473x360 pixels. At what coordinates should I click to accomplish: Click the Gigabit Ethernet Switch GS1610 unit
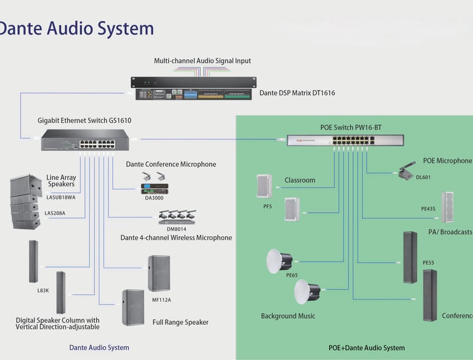(86, 141)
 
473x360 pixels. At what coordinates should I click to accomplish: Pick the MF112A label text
(161, 300)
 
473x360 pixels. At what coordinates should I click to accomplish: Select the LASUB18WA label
(61, 197)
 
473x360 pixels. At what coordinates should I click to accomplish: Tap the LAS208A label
(56, 213)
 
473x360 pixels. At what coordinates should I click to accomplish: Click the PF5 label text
(267, 207)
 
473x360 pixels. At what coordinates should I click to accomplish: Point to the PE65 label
(292, 275)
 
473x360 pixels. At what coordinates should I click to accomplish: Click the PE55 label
(429, 263)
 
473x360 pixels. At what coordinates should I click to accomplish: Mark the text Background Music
(288, 316)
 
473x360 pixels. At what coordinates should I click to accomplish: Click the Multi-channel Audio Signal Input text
(202, 61)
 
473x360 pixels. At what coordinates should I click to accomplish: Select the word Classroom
(300, 181)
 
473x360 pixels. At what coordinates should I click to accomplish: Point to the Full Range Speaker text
(180, 322)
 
